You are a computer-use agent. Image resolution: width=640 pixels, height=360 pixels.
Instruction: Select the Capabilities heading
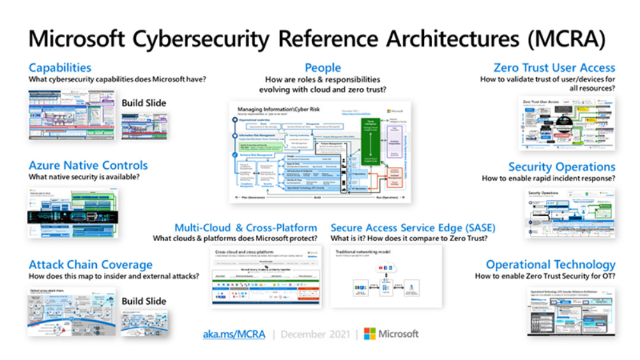[x=60, y=68]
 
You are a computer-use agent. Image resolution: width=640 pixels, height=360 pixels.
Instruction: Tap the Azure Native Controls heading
[x=88, y=165]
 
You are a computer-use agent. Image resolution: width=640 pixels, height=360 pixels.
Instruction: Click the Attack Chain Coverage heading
[x=90, y=265]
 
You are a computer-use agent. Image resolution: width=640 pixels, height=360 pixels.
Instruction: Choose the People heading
[x=322, y=68]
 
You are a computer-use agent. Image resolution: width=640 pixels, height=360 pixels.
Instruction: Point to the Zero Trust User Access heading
[x=554, y=68]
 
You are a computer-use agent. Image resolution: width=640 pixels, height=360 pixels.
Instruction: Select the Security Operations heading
[x=561, y=167]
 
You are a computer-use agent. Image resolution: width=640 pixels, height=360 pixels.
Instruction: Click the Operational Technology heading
[x=550, y=265]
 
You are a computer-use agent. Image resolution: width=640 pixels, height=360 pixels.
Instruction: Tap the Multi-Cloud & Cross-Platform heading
[x=246, y=228]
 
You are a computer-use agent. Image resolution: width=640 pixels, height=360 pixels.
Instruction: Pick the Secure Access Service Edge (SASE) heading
[x=413, y=228]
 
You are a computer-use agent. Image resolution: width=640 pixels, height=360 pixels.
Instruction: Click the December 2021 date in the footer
[x=315, y=334]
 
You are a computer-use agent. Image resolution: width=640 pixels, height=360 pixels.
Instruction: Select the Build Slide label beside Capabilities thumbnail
[x=144, y=103]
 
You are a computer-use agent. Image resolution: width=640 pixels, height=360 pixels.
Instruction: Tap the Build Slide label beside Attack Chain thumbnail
[x=144, y=301]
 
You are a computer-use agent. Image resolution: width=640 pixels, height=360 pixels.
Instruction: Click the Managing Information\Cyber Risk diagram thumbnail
[x=320, y=152]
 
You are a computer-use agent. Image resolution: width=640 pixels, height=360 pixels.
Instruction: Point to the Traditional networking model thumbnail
[x=386, y=276]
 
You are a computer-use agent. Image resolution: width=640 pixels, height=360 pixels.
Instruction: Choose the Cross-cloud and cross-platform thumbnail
[x=266, y=277]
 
